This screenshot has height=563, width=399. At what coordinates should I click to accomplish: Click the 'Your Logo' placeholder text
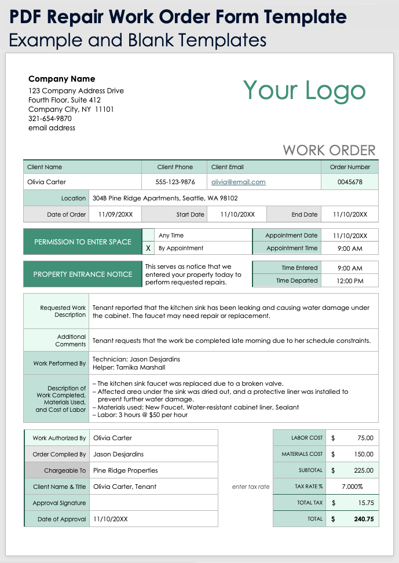click(304, 90)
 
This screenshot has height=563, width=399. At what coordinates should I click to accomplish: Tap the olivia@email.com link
click(238, 182)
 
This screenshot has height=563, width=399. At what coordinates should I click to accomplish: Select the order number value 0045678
click(350, 182)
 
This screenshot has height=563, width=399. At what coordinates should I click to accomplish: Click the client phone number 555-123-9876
click(174, 182)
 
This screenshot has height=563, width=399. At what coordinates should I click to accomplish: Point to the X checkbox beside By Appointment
click(148, 248)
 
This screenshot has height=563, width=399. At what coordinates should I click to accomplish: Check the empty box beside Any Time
click(148, 235)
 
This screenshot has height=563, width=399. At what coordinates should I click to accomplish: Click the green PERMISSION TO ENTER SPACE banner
click(82, 242)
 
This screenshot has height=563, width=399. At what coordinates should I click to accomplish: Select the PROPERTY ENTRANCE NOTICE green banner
click(82, 274)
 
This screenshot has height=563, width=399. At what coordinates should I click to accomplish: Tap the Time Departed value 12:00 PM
click(350, 281)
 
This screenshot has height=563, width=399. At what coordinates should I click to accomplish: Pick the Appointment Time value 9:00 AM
click(350, 248)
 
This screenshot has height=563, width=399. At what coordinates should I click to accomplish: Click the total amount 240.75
click(363, 519)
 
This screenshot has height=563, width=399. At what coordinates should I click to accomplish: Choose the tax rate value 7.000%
click(352, 487)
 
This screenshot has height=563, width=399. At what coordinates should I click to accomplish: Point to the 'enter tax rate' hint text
click(251, 487)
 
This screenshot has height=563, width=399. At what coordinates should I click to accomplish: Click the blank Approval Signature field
click(153, 503)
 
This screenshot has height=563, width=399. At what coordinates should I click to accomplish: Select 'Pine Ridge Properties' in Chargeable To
click(125, 470)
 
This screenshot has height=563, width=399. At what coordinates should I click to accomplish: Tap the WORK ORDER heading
click(329, 150)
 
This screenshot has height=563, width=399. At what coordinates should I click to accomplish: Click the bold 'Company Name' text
click(62, 79)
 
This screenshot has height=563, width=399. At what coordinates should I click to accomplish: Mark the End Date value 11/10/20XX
click(350, 214)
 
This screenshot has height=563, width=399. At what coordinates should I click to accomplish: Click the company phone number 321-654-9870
click(50, 118)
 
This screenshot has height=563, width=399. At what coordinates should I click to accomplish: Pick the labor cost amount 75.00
click(365, 438)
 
